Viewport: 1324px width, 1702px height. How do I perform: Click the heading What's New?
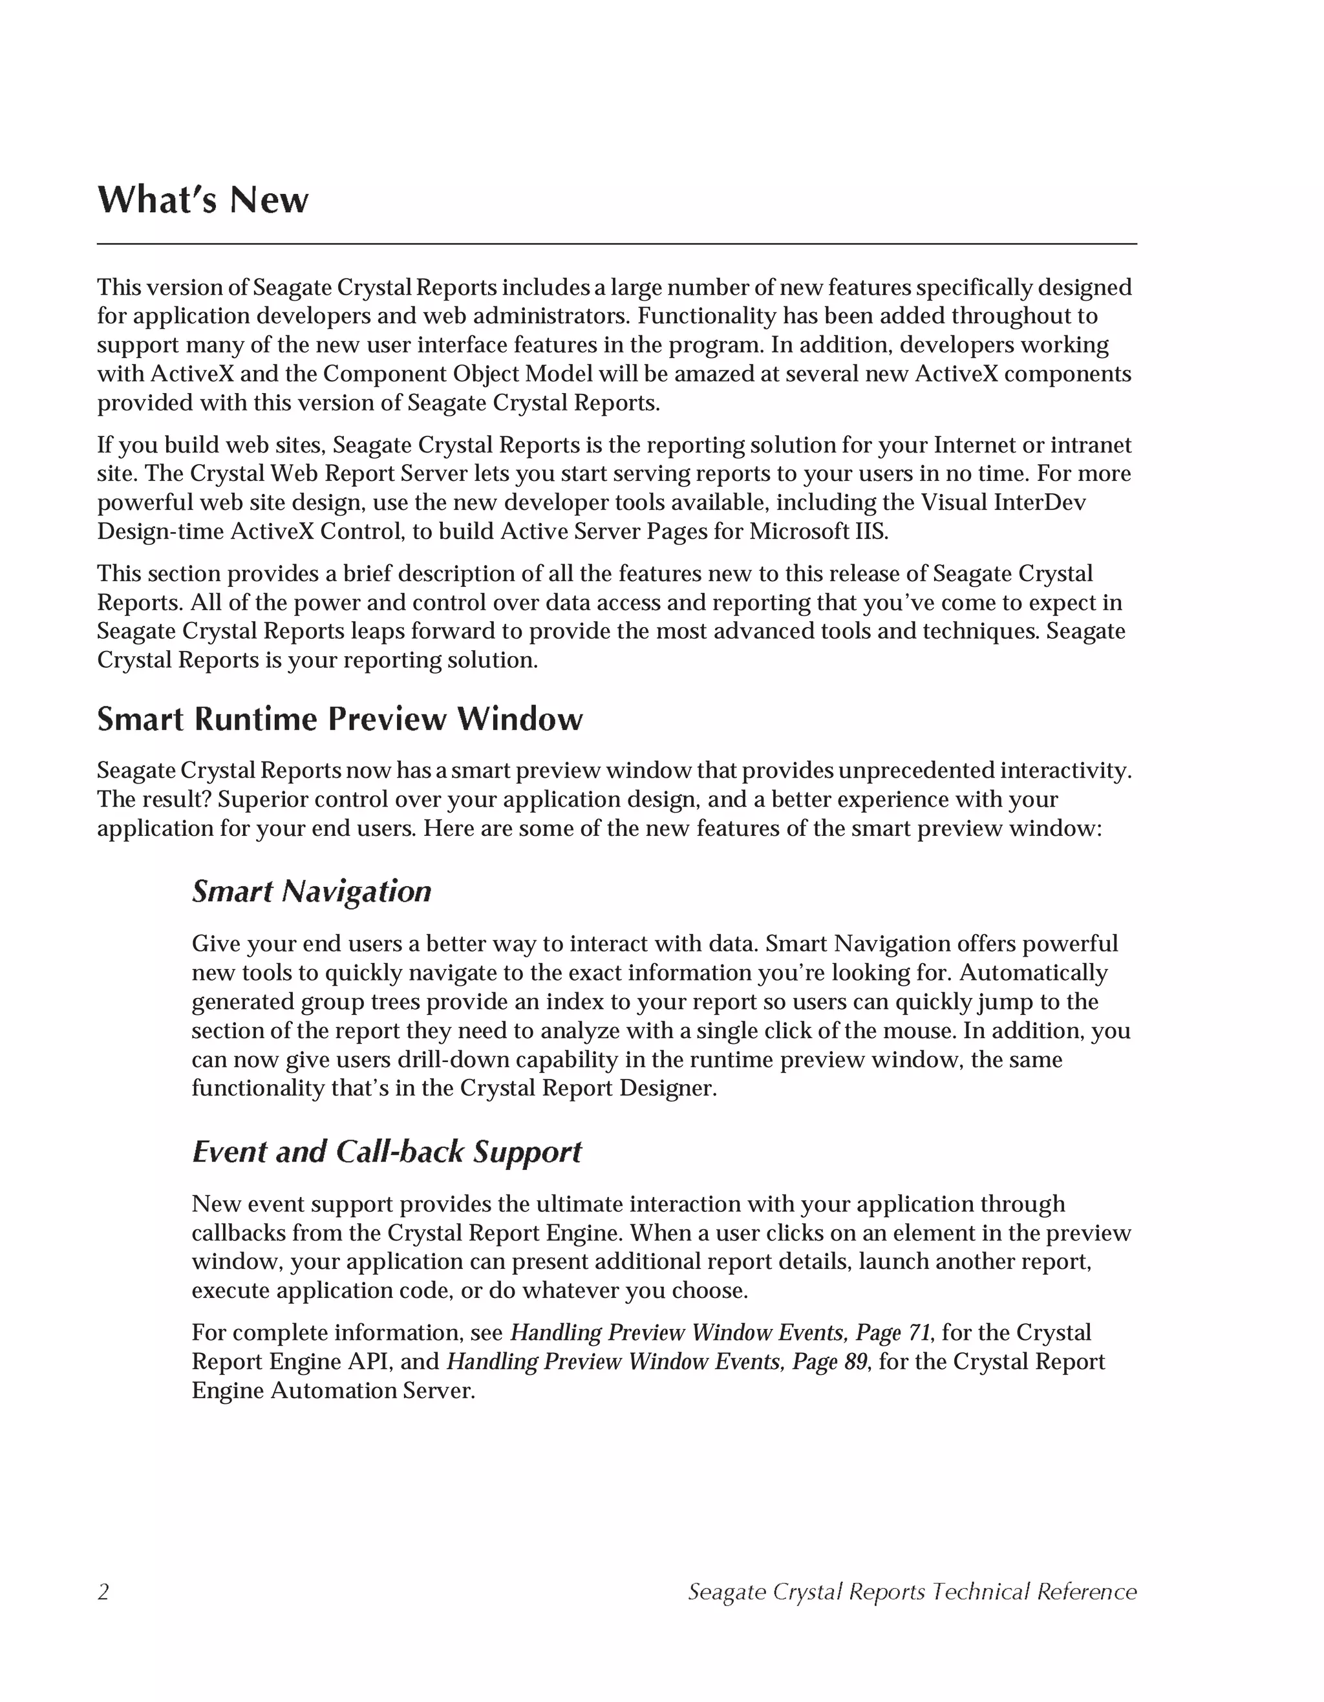(x=202, y=200)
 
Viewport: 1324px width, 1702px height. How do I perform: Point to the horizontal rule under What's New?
(x=616, y=244)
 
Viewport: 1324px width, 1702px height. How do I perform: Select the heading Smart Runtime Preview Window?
(x=340, y=719)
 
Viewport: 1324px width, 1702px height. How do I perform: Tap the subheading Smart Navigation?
(x=311, y=891)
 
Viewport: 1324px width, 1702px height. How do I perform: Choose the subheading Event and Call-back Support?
(x=387, y=1152)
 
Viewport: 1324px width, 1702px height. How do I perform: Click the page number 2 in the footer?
(x=103, y=1591)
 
